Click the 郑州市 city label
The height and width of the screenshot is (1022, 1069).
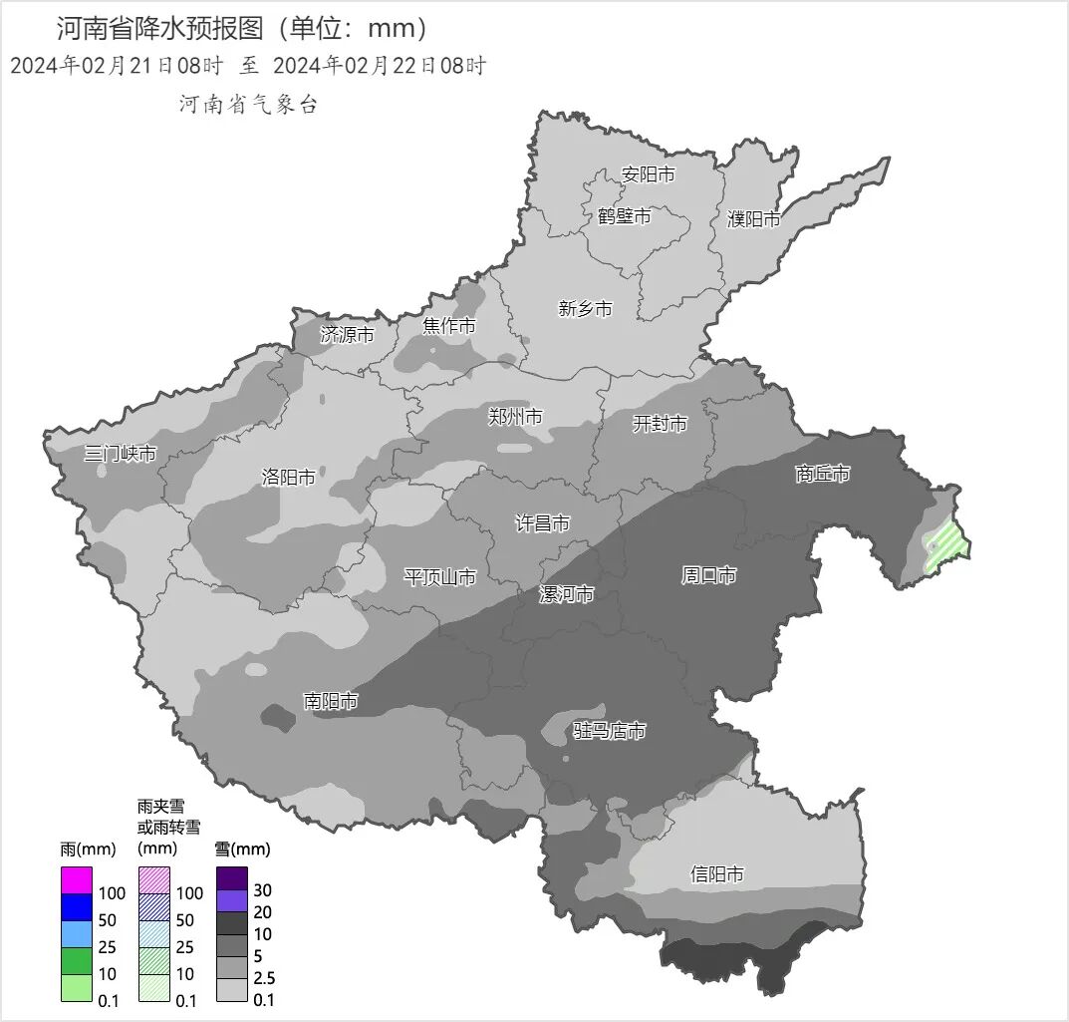[x=515, y=417]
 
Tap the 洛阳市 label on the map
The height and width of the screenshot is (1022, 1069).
[x=288, y=478]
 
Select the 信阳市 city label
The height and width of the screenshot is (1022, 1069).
[x=717, y=874]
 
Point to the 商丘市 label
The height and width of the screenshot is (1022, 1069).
[x=823, y=474]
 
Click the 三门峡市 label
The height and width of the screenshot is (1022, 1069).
[x=120, y=454]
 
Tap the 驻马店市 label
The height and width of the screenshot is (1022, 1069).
[x=610, y=732]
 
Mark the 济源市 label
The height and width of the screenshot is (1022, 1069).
[x=347, y=335]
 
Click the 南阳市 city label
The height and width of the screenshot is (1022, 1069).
[x=331, y=702]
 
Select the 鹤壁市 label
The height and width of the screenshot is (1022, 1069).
[x=625, y=216]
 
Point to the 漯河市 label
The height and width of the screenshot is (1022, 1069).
[x=566, y=595]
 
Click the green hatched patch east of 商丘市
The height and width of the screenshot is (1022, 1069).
[x=945, y=546]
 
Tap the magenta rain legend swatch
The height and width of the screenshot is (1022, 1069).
[x=77, y=880]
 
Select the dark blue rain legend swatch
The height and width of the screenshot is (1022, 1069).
[x=77, y=907]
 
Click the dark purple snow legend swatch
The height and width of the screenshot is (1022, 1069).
[x=232, y=878]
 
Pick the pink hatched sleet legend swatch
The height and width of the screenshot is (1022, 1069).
[x=154, y=880]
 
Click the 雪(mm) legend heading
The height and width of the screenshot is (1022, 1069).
[x=242, y=850]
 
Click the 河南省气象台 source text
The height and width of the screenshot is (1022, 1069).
[x=248, y=105]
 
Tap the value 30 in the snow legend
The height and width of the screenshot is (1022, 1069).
[x=263, y=890]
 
